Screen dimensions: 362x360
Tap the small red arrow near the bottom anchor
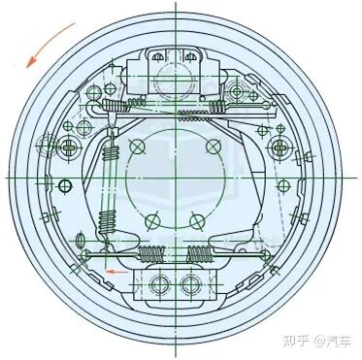pos(115,273)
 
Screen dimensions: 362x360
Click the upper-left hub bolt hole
pos(137,146)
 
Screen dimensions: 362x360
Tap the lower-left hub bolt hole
pos(150,220)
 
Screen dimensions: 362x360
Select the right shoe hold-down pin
pos(282,147)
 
